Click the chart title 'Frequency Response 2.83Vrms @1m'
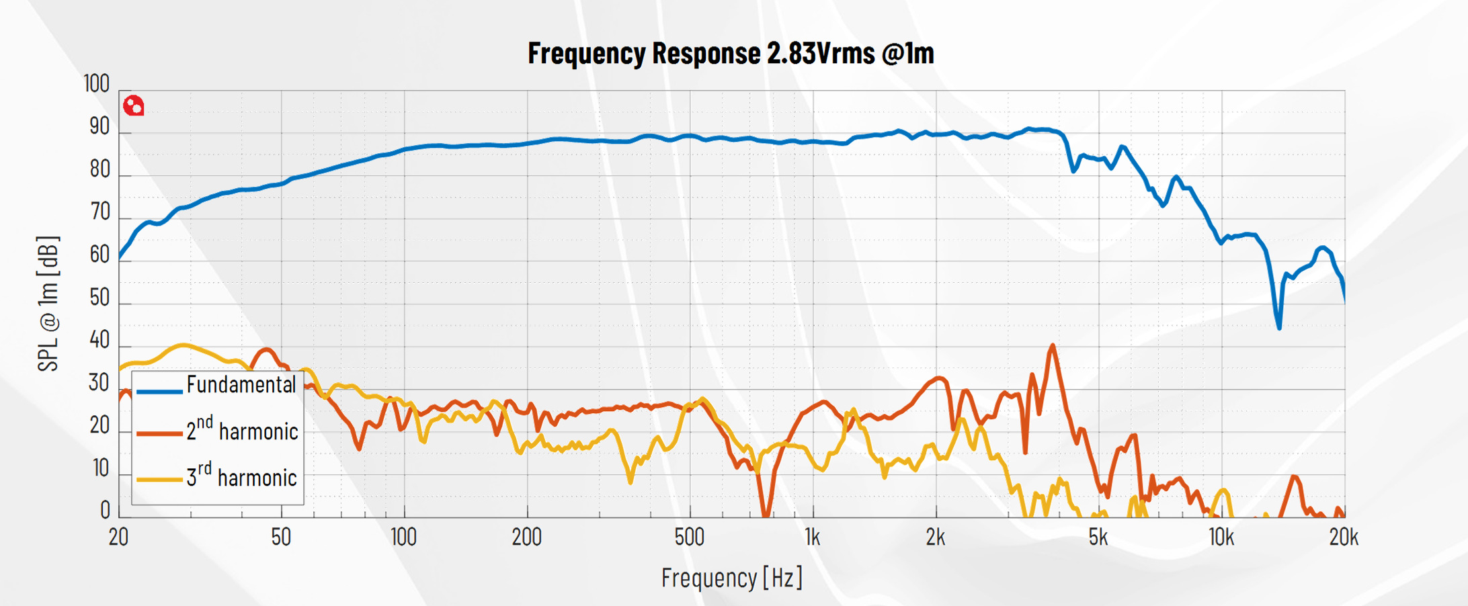731,53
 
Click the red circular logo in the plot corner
134,106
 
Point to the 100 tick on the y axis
97,84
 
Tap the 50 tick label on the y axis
99,298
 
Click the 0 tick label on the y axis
105,511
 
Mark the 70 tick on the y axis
99,212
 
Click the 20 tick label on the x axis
119,537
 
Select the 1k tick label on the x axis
813,537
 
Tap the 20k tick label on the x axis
1344,537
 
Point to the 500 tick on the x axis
690,537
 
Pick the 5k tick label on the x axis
1098,537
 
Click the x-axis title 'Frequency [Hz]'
732,578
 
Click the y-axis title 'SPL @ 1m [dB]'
48,304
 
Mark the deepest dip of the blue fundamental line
1279,327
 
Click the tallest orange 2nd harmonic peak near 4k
1053,346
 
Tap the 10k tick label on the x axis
1221,537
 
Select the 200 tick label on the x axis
527,537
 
